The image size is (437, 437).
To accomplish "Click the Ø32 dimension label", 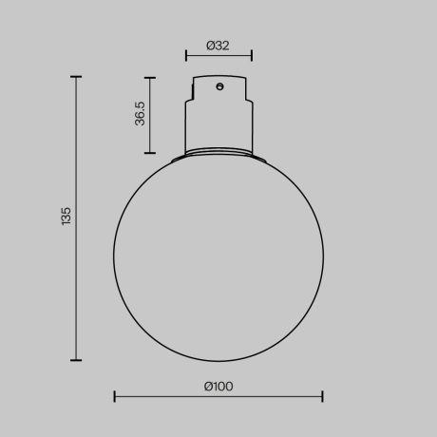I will coord(218,45).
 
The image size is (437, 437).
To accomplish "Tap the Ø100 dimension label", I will coord(218,386).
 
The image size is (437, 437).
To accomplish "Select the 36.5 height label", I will coord(140,114).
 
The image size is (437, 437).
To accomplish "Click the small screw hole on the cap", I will coord(219,87).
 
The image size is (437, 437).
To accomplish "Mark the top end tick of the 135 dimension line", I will coord(76,77).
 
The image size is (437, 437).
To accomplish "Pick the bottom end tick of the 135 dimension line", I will coord(76,360).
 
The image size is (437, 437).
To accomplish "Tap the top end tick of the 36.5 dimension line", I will coord(150,77).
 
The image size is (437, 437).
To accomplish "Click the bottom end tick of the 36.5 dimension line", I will coord(150,153).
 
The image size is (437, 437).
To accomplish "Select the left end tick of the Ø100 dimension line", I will coord(115,396).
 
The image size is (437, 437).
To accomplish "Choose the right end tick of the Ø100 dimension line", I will coord(323,396).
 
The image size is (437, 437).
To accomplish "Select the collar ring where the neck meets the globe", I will coord(218,151).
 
